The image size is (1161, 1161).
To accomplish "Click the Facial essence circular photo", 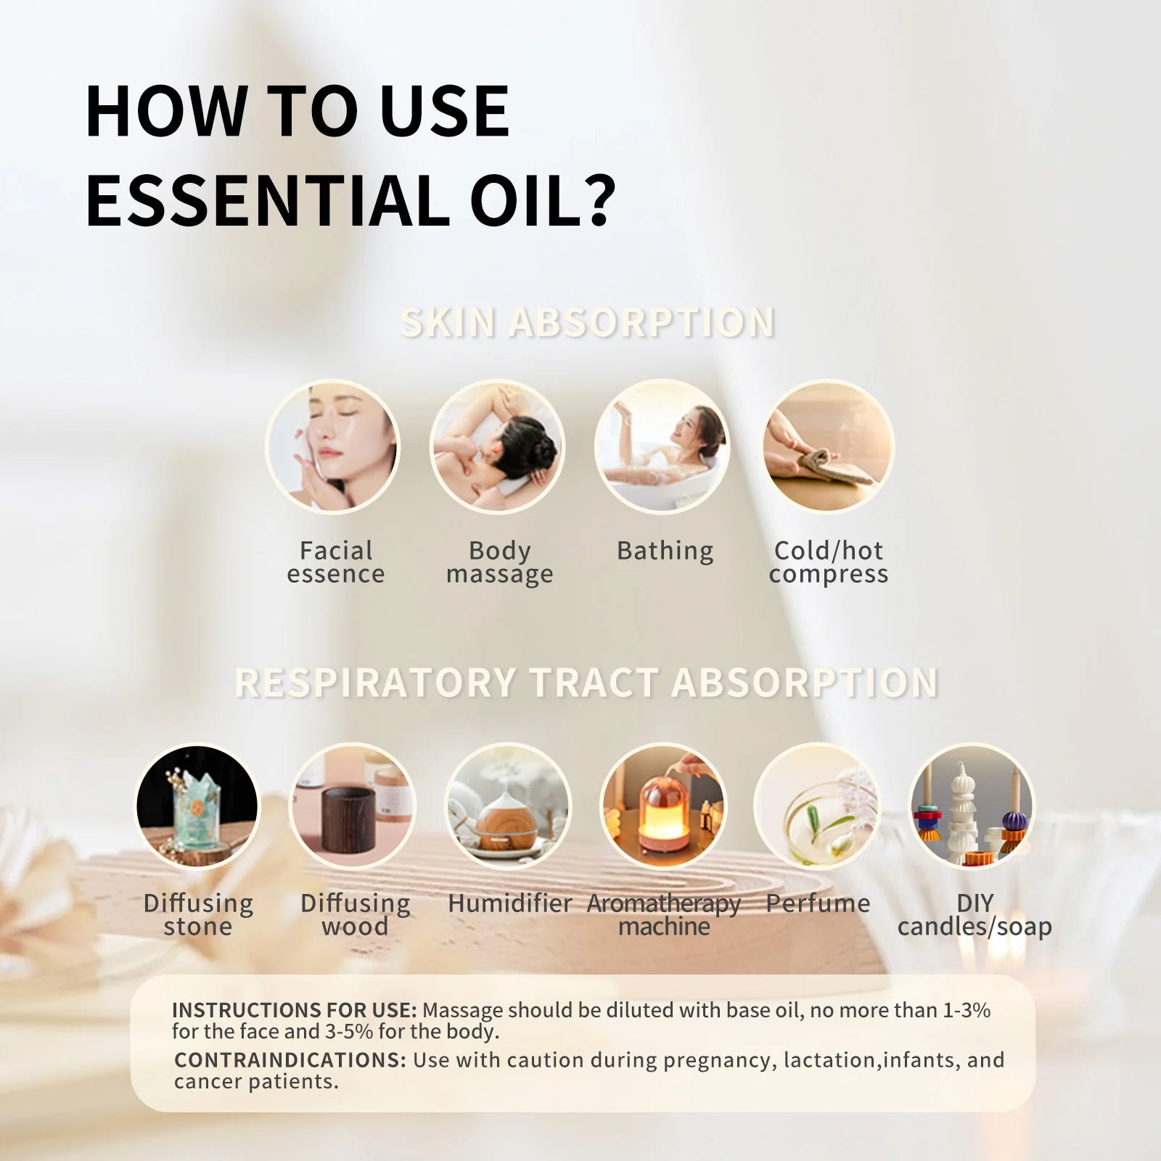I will click(x=332, y=446).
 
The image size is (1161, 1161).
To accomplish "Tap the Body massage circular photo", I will click(x=497, y=446).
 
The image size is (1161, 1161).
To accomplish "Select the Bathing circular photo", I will click(x=662, y=446).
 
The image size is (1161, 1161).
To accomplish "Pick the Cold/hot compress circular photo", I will click(x=828, y=446).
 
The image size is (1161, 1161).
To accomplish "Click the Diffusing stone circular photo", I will click(x=197, y=806).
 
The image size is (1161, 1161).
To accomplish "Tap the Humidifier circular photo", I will click(x=508, y=806).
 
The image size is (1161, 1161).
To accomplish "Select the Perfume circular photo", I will click(x=817, y=806).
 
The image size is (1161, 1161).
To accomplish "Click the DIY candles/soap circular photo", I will click(x=972, y=806).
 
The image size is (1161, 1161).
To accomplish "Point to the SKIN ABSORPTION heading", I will click(x=587, y=322).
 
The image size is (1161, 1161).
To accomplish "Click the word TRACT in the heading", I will click(x=594, y=683).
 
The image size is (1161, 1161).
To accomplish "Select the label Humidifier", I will click(x=509, y=903).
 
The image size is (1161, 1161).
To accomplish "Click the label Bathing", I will click(x=665, y=551).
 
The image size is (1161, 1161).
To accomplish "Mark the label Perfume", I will click(x=818, y=903).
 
